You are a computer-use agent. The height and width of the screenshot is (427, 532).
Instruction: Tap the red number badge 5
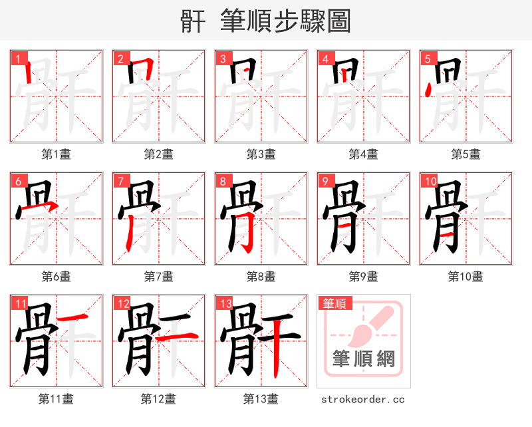tap(428, 59)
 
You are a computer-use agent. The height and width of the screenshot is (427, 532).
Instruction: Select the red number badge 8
tap(223, 181)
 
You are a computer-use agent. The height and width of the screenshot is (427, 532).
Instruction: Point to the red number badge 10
tap(430, 181)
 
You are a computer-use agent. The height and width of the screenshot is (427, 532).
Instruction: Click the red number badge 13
tap(225, 303)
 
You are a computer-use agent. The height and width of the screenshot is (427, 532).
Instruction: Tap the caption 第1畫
tap(57, 154)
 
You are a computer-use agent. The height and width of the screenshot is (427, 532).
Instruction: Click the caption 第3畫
tap(261, 154)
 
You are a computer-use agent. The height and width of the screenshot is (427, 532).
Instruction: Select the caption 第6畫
tap(57, 277)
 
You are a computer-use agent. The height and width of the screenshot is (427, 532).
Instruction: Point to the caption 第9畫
tap(364, 277)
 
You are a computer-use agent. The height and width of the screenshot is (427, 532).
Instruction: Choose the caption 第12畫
tap(159, 399)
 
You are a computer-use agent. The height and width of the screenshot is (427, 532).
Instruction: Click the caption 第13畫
tap(261, 399)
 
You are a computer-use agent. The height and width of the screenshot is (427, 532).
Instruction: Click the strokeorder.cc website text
tap(363, 400)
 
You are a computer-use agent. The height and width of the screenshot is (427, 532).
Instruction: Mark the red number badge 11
tap(20, 303)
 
